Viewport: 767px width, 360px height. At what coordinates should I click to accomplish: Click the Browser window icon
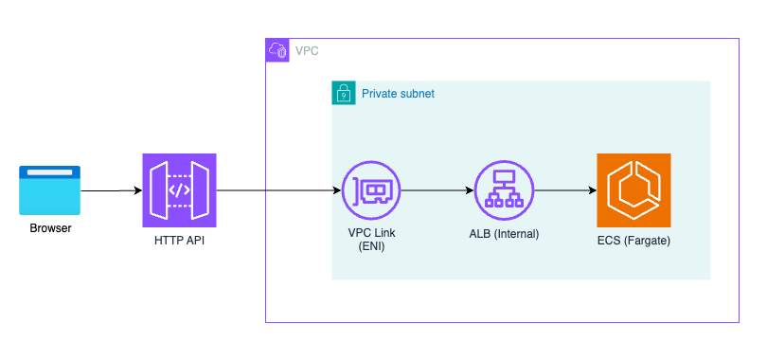(50, 189)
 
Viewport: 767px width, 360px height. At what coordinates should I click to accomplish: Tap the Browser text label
(50, 228)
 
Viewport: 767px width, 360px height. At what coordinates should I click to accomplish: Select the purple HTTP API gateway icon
(179, 190)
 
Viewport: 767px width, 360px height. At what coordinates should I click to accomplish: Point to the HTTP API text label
(179, 242)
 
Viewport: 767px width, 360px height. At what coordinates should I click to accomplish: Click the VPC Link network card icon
(370, 190)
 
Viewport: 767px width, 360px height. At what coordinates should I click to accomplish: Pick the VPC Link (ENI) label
(369, 241)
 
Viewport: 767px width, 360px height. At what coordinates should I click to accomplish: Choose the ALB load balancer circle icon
(503, 190)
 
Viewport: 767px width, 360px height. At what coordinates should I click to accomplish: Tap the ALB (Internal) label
(504, 234)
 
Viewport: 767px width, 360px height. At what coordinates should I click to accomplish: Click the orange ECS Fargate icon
(633, 190)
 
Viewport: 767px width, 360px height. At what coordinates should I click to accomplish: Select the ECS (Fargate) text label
(633, 242)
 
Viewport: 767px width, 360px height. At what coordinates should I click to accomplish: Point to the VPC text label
(306, 50)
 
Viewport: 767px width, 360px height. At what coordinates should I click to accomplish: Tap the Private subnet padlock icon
(343, 93)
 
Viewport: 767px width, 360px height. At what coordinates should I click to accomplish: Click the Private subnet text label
(398, 94)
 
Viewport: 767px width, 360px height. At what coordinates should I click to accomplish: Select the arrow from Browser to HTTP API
(111, 190)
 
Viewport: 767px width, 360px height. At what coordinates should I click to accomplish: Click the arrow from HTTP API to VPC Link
(278, 190)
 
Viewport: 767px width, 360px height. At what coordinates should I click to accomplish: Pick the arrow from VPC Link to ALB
(436, 190)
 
